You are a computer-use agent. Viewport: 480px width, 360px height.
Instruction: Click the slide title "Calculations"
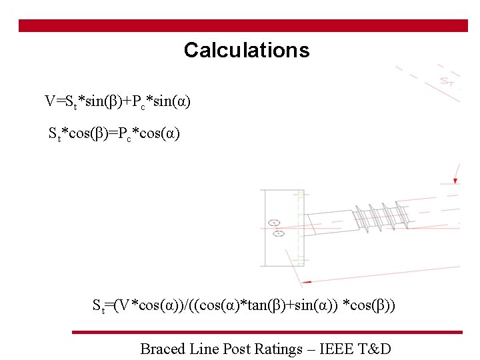point(247,50)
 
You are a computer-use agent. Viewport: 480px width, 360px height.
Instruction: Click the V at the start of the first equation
point(50,101)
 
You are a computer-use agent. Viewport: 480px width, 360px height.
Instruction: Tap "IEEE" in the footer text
point(334,348)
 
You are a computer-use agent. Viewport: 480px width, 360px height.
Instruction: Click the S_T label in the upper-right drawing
point(447,81)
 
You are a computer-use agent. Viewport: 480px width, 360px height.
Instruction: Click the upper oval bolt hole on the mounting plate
point(273,222)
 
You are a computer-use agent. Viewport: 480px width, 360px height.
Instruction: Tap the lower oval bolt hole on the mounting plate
point(279,233)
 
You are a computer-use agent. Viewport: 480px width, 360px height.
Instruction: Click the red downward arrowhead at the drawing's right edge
point(455,179)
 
